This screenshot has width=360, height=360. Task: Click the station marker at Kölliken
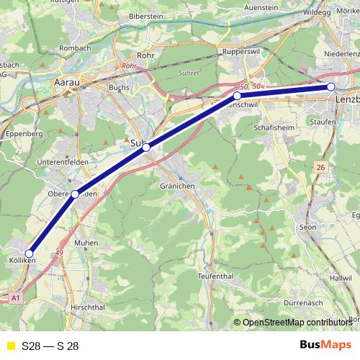[30, 253]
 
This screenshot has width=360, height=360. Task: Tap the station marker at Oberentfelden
[75, 194]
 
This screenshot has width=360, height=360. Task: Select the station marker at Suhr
[146, 148]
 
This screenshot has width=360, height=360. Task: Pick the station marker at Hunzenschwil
[237, 96]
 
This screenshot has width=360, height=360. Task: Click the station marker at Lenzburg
[331, 87]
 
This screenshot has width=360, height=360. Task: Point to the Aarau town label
[66, 83]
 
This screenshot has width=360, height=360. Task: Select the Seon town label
[307, 227]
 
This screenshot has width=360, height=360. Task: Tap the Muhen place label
[86, 243]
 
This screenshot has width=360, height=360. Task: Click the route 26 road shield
[320, 167]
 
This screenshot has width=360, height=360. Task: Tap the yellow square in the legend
[10, 346]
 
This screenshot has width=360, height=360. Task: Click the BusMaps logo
[325, 345]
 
